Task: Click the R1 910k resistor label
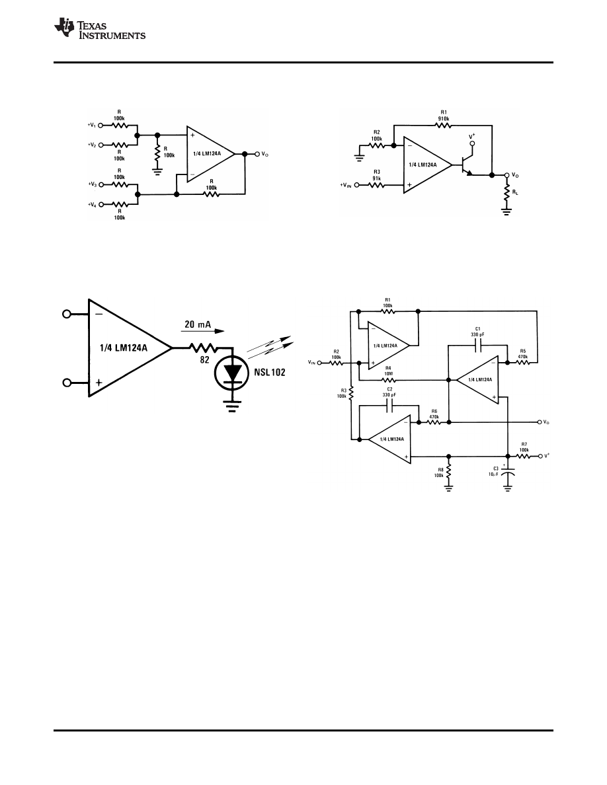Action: [x=442, y=117]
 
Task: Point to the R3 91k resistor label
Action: [x=377, y=175]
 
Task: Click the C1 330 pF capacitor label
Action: [x=477, y=332]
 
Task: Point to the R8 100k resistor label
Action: [x=438, y=472]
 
